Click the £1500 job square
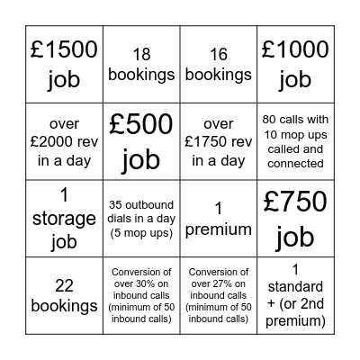pos(64,65)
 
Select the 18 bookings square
pos(141,65)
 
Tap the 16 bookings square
pos(219,65)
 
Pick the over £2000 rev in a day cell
pos(64,142)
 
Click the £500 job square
pos(141,142)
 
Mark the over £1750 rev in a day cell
pos(219,142)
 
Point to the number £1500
pos(64,50)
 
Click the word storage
pos(64,219)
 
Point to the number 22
pos(64,286)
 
